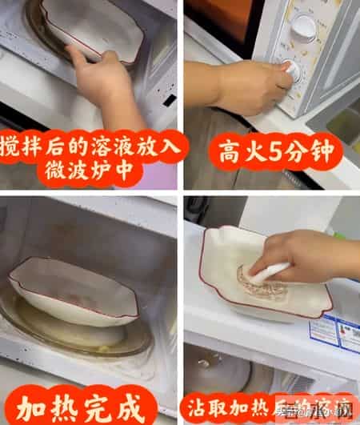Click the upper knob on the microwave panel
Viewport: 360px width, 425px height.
point(303,28)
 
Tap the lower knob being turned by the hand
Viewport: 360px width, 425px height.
point(293,70)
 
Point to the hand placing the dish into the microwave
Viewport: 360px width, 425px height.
point(100,76)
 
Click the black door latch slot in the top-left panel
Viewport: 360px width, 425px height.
point(169,99)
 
